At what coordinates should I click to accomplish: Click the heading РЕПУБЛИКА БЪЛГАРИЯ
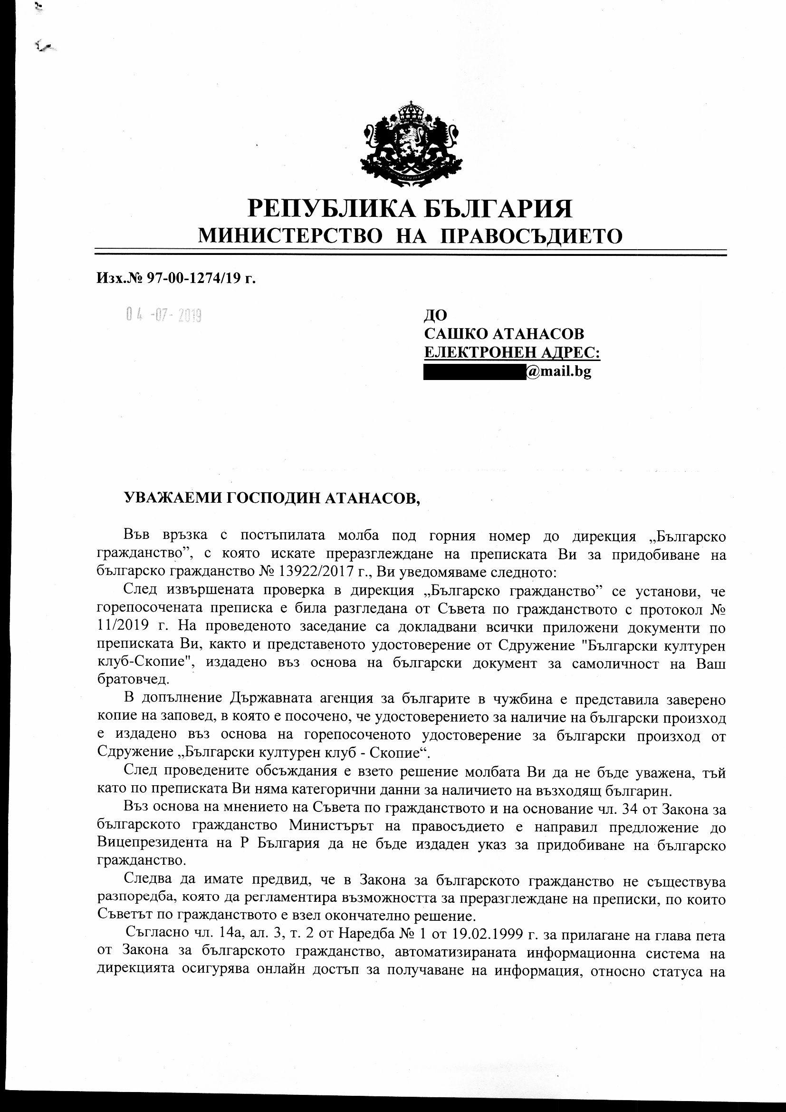[410, 209]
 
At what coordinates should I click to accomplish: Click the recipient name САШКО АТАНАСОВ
[504, 334]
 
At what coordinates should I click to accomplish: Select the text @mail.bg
[559, 371]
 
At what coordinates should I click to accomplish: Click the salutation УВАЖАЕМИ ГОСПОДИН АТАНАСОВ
[272, 499]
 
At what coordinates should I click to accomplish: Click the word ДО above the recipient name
[435, 315]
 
